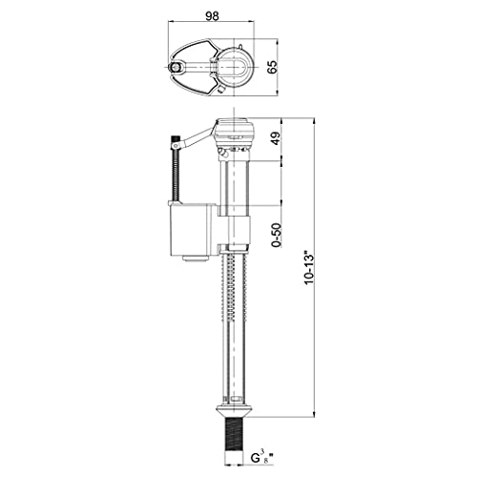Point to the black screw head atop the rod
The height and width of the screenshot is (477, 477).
click(175, 142)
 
